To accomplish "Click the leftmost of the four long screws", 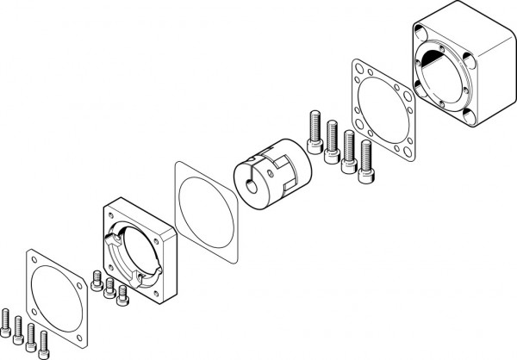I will click(x=313, y=129).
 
